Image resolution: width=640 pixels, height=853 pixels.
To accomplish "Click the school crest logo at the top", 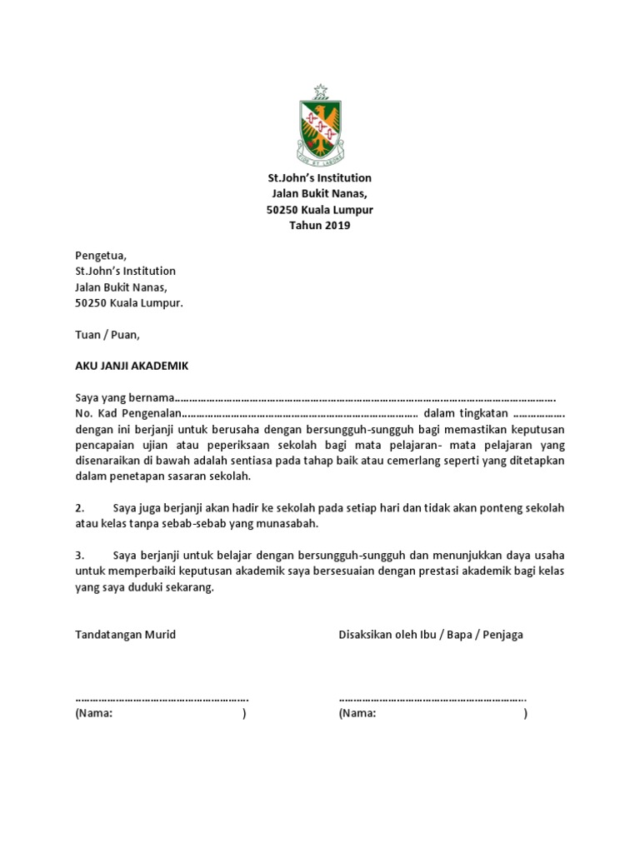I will [319, 127].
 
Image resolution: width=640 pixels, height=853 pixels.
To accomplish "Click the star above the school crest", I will [319, 90].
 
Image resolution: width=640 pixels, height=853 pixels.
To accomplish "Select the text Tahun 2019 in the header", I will [319, 226].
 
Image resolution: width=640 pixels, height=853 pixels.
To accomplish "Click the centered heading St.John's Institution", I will [319, 178].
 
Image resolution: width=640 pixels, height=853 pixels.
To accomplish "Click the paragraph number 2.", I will [80, 508].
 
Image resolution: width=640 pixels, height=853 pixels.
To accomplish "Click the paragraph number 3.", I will [80, 556].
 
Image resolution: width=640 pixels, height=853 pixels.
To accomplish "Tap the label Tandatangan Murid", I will [126, 635].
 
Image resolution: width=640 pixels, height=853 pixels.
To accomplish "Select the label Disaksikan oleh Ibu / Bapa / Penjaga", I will [431, 635].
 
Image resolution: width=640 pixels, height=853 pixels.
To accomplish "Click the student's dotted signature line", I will [162, 699].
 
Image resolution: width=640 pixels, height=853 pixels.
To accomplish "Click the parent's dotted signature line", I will [432, 699].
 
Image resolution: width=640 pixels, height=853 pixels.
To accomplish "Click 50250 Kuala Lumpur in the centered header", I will [319, 210].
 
